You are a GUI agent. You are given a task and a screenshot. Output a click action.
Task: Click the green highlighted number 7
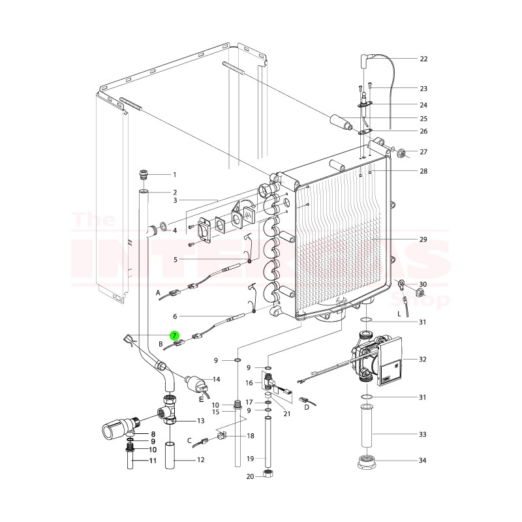pos(175,335)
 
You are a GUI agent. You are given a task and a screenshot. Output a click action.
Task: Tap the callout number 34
pos(423,461)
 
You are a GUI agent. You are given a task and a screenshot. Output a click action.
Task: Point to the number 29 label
pos(423,240)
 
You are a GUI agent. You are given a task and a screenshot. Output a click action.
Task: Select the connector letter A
pos(158,294)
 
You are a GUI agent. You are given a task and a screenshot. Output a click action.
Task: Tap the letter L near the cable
pos(399,314)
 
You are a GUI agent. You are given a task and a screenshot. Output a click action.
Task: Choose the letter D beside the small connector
pos(306,408)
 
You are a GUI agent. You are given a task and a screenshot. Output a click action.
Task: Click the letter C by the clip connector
pos(189,440)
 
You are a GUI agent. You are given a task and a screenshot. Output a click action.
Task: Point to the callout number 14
pos(217,379)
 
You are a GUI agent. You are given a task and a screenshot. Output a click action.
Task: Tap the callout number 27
pos(423,152)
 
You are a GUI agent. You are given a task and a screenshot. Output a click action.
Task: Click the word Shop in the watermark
pos(427,301)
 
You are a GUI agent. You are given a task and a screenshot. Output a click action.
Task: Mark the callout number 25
pos(423,119)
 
